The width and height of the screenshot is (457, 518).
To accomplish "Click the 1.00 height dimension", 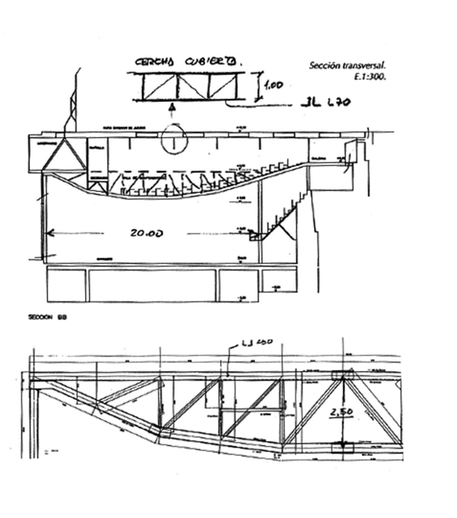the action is click(273, 85).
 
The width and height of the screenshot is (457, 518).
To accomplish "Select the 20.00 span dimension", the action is click(146, 232).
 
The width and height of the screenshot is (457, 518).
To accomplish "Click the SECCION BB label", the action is click(48, 317).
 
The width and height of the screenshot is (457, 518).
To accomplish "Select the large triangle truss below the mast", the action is click(64, 156).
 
